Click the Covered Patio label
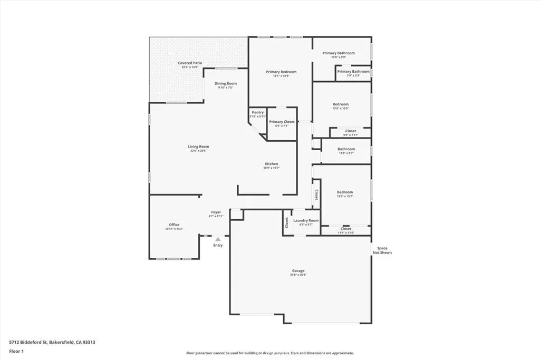188,63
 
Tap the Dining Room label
225,83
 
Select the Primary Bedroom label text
281,72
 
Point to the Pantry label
257,112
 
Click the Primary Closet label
282,122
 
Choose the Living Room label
198,147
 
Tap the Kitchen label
272,164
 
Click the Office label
174,225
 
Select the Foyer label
216,212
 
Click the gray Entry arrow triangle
218,239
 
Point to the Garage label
298,271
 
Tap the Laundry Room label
306,220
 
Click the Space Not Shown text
382,250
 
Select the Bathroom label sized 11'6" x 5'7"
346,149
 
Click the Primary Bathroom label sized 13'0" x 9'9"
339,53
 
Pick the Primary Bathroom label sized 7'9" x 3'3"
353,72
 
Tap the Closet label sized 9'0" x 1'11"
351,131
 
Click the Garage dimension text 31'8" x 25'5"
298,275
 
